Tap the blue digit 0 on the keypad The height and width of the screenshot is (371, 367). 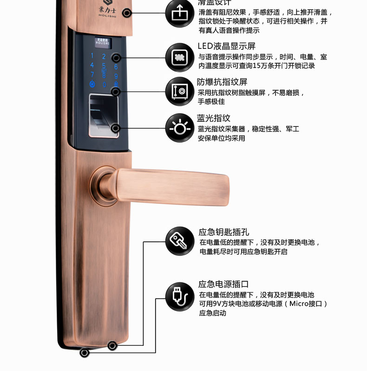(x=104, y=85)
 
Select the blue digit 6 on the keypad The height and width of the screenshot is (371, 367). (x=116, y=66)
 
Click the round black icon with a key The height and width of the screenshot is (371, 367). (x=180, y=241)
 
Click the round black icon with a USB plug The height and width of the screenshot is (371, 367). (x=180, y=296)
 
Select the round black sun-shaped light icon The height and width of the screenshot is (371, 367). (x=180, y=127)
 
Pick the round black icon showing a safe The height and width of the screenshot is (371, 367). (x=180, y=91)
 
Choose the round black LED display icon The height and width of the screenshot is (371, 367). (x=180, y=57)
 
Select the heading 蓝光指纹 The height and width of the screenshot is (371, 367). (x=214, y=118)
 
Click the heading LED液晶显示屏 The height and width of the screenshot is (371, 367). (x=227, y=46)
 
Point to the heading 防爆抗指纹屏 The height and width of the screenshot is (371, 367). (x=222, y=82)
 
